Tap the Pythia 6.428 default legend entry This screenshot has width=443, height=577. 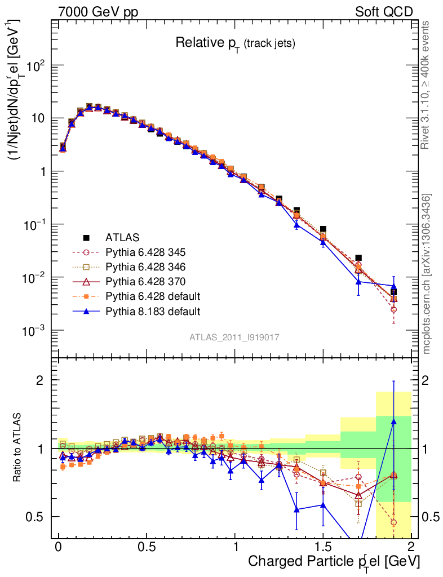(x=152, y=296)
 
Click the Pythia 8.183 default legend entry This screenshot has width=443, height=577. (x=152, y=310)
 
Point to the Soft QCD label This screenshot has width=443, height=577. (x=384, y=12)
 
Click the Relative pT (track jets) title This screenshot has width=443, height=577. (x=235, y=43)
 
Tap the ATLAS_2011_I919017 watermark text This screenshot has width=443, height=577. (x=234, y=337)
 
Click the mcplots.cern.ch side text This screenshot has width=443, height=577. (x=427, y=274)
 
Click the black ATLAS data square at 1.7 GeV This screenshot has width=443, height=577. (x=358, y=258)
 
